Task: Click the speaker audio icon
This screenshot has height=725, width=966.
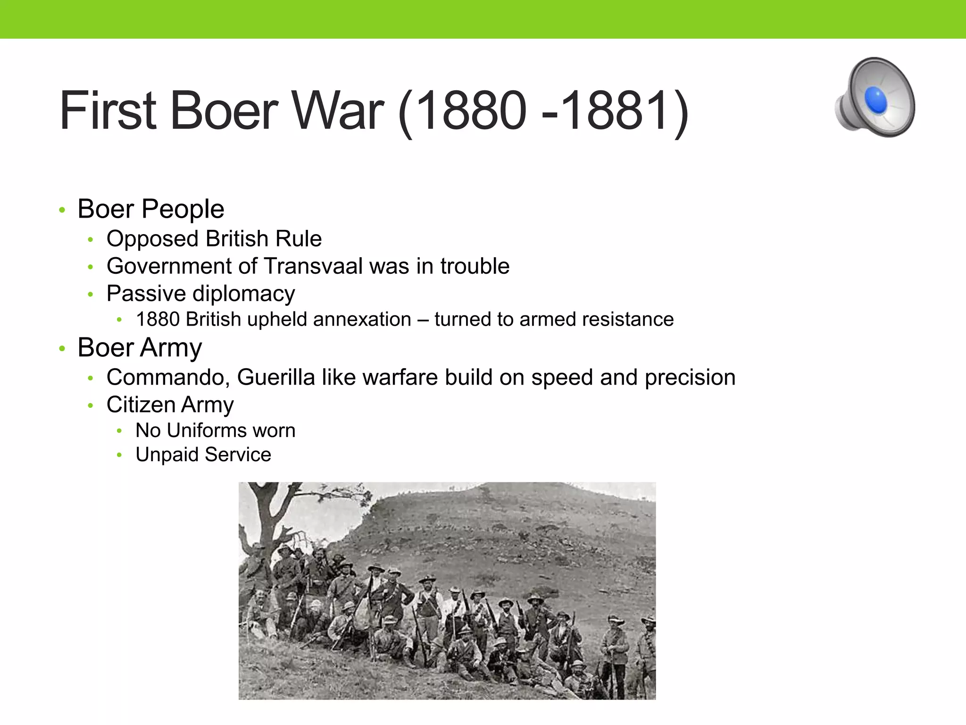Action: coord(875,98)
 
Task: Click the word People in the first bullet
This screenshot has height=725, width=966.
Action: coord(183,209)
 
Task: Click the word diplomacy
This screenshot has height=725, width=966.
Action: coord(241,294)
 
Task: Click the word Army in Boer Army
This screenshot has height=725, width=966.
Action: coord(171,348)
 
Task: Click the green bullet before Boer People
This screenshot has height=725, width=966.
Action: coord(62,210)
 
